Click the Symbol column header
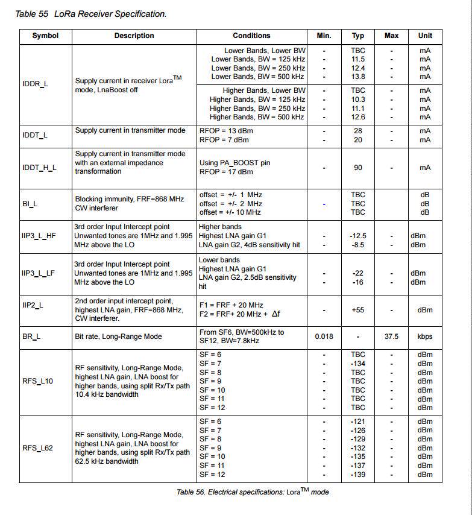[45, 36]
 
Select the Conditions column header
[251, 36]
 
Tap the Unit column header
[425, 36]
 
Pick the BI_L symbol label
[30, 204]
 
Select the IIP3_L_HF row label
[39, 236]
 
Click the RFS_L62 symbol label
[37, 448]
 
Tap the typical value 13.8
[358, 77]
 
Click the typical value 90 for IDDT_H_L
[358, 167]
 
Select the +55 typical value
[358, 310]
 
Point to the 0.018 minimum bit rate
[324, 336]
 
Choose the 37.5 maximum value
[391, 336]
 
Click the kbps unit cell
[425, 336]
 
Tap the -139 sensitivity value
[358, 475]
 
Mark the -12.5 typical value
[358, 236]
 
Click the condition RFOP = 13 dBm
[224, 131]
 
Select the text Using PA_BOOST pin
[233, 163]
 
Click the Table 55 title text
[90, 13]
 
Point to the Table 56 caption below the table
[253, 491]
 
